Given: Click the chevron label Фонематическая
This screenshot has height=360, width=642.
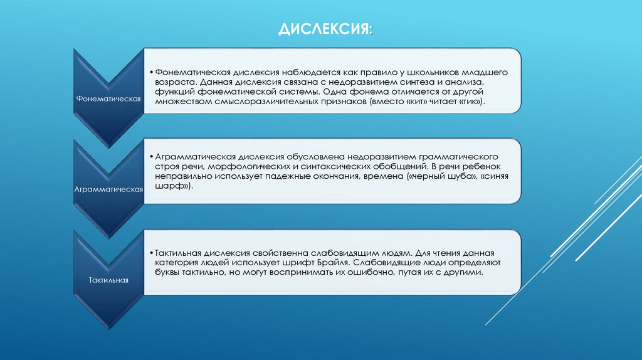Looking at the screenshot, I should (x=107, y=99).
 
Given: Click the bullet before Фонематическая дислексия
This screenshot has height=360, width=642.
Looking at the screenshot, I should (x=152, y=72).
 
